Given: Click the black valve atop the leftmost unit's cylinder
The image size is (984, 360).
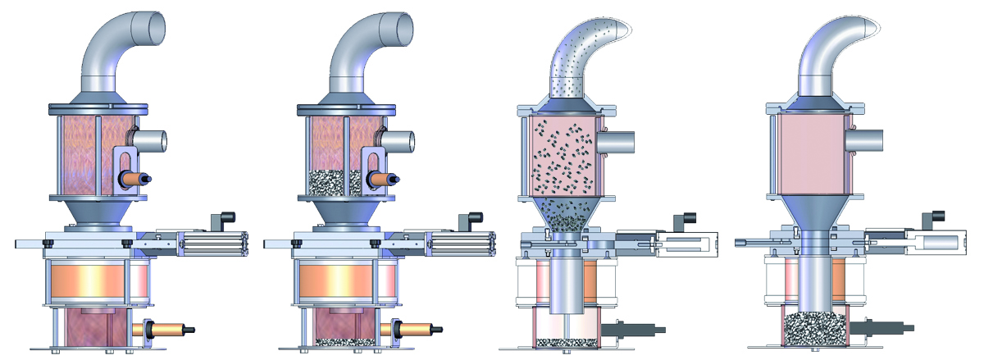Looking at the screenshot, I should pos(223,221).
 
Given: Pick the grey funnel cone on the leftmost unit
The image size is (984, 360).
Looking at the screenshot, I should pos(98,216).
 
